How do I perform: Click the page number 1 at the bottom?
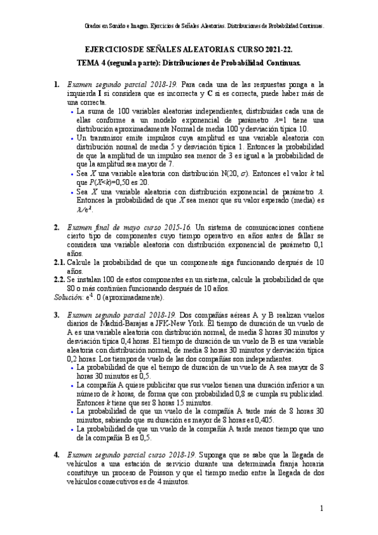click(x=321, y=508)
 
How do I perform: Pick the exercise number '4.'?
click(x=56, y=454)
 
